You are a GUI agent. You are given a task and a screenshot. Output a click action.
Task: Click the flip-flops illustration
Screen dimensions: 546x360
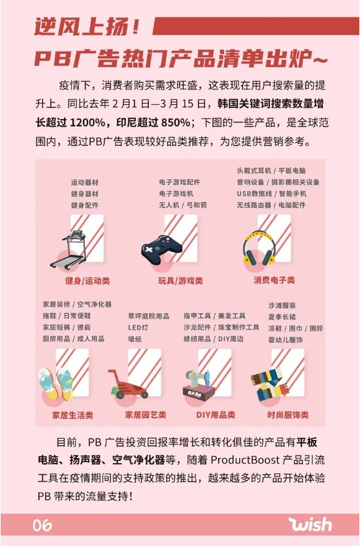[57, 384]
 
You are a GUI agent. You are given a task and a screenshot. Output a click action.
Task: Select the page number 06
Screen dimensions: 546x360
[42, 525]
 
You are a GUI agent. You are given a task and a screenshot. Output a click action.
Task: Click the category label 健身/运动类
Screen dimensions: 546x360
[87, 281]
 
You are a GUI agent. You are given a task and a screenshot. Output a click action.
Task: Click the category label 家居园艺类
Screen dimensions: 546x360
[146, 415]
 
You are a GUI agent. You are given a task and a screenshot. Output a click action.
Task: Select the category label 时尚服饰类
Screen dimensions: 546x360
[287, 415]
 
